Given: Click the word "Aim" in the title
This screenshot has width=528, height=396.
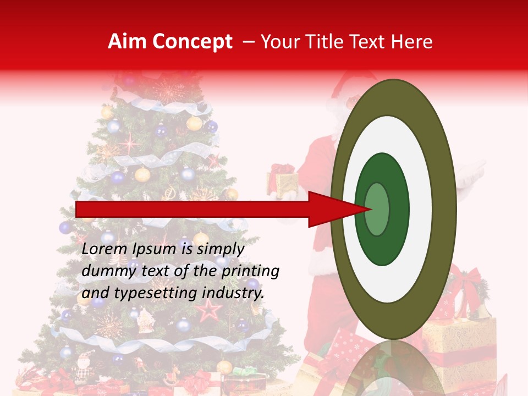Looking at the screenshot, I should pyautogui.click(x=127, y=42).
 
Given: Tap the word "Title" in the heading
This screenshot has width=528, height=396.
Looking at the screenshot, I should pyautogui.click(x=332, y=42).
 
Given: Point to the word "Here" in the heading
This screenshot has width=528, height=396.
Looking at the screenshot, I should pyautogui.click(x=412, y=42).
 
